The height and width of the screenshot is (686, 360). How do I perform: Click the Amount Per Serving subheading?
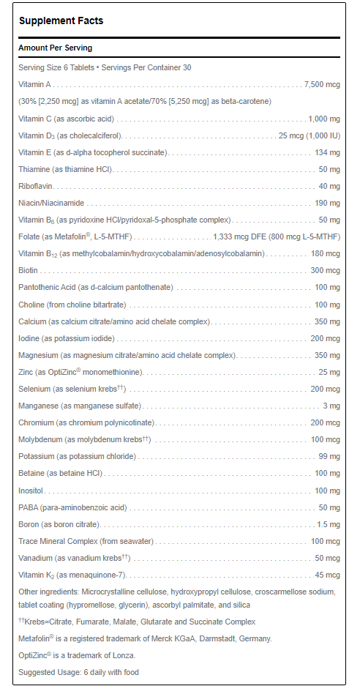56,48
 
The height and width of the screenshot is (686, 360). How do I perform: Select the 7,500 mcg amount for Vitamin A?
322,84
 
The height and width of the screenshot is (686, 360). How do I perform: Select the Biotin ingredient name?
29,270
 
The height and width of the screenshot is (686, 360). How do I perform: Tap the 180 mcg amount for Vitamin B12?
326,253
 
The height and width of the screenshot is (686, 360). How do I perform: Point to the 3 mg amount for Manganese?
331,406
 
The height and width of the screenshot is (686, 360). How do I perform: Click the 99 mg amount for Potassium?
330,456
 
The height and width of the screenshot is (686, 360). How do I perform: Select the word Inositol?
32,491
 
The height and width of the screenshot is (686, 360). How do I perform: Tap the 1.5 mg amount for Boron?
328,524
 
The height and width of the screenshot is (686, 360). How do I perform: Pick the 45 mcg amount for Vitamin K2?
328,575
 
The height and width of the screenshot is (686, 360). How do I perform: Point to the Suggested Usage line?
78,672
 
